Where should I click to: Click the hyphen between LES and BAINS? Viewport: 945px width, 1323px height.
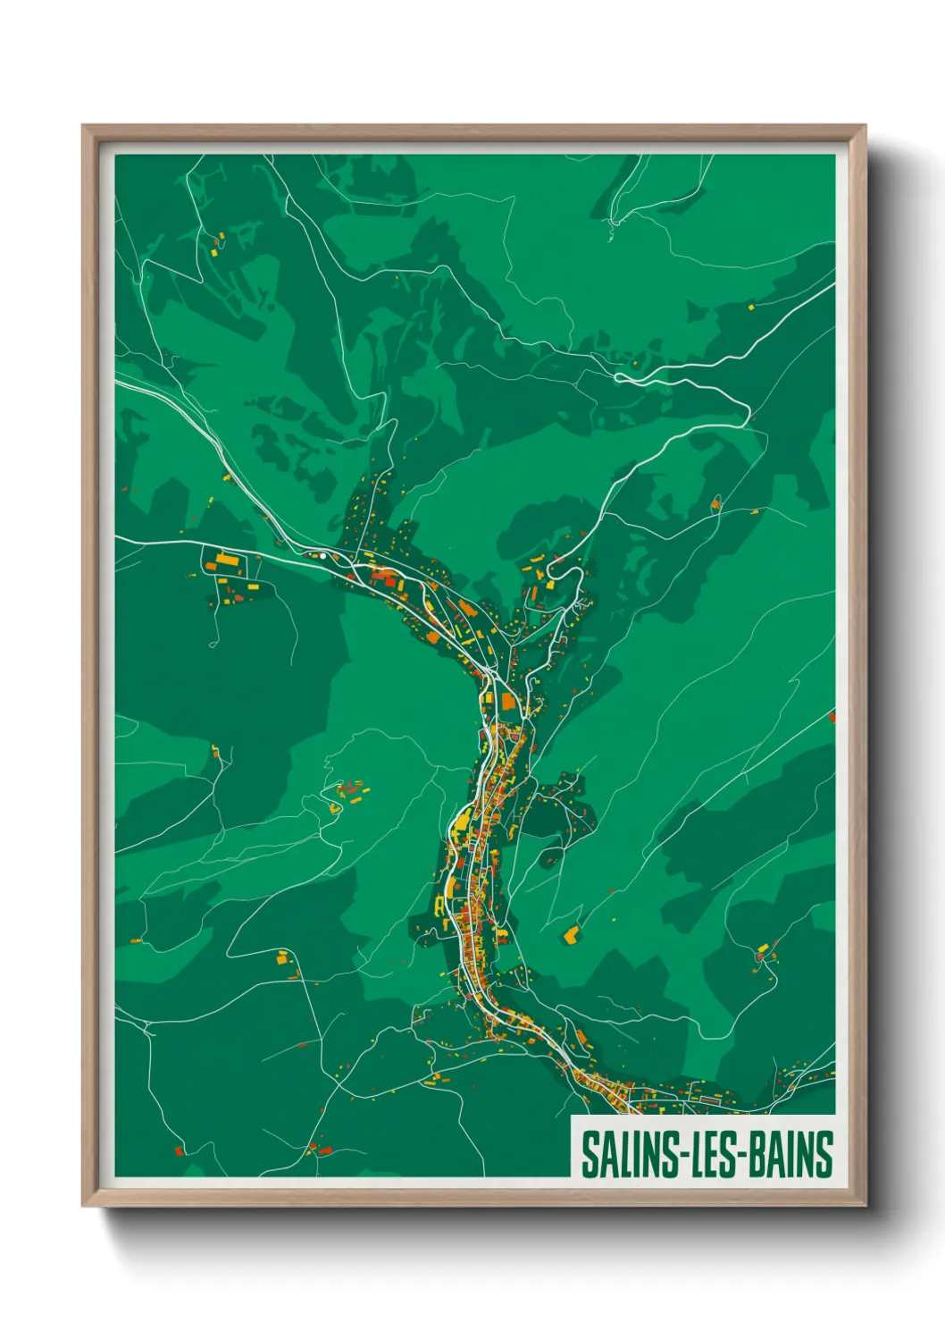[x=740, y=1156]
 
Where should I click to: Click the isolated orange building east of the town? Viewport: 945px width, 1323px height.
[x=571, y=935]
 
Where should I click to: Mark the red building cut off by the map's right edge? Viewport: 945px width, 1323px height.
[x=832, y=716]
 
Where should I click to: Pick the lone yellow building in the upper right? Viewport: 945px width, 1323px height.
[x=750, y=307]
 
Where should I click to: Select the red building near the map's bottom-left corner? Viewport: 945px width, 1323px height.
[x=179, y=1150]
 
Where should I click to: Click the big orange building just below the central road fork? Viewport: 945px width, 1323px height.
[x=507, y=702]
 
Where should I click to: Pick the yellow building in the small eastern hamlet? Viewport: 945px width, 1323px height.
[x=762, y=948]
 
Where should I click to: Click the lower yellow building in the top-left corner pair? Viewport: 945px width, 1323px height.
[x=214, y=252]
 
